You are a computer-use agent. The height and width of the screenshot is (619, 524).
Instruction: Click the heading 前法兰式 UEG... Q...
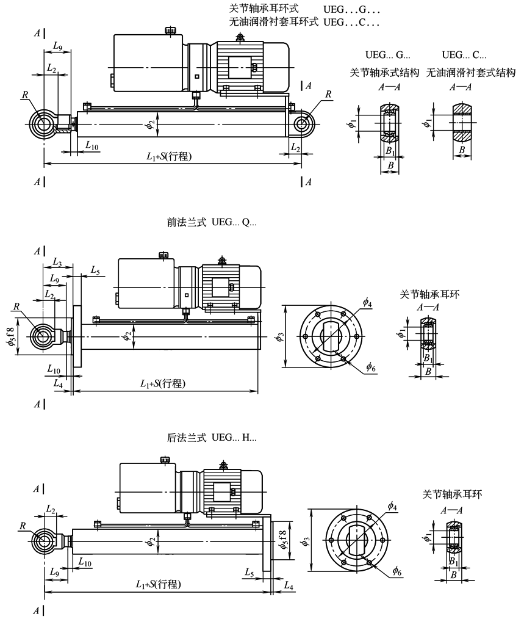(212, 222)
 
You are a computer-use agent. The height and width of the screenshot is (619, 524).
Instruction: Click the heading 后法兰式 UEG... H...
(212, 438)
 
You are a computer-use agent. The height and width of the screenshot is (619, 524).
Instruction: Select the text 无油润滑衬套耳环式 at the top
(273, 21)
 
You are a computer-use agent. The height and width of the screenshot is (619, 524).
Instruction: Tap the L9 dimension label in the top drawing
(57, 46)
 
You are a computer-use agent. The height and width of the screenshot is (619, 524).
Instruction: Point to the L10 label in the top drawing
(92, 146)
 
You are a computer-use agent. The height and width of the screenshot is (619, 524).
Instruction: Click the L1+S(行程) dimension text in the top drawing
(169, 156)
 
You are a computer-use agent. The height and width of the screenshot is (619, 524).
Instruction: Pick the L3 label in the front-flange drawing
(57, 262)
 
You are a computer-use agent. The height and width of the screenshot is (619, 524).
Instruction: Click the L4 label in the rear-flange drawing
(289, 586)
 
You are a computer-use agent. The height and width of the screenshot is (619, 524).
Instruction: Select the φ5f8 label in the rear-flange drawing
(283, 540)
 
